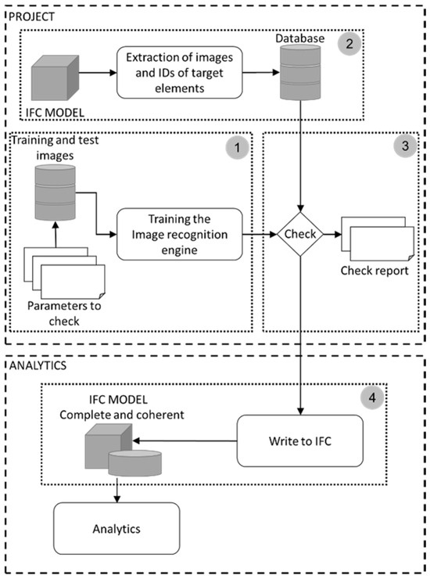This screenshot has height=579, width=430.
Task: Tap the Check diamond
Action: coord(299,234)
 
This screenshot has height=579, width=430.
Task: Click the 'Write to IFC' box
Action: coord(300,440)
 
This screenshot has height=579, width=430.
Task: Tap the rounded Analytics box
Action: coord(116,528)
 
